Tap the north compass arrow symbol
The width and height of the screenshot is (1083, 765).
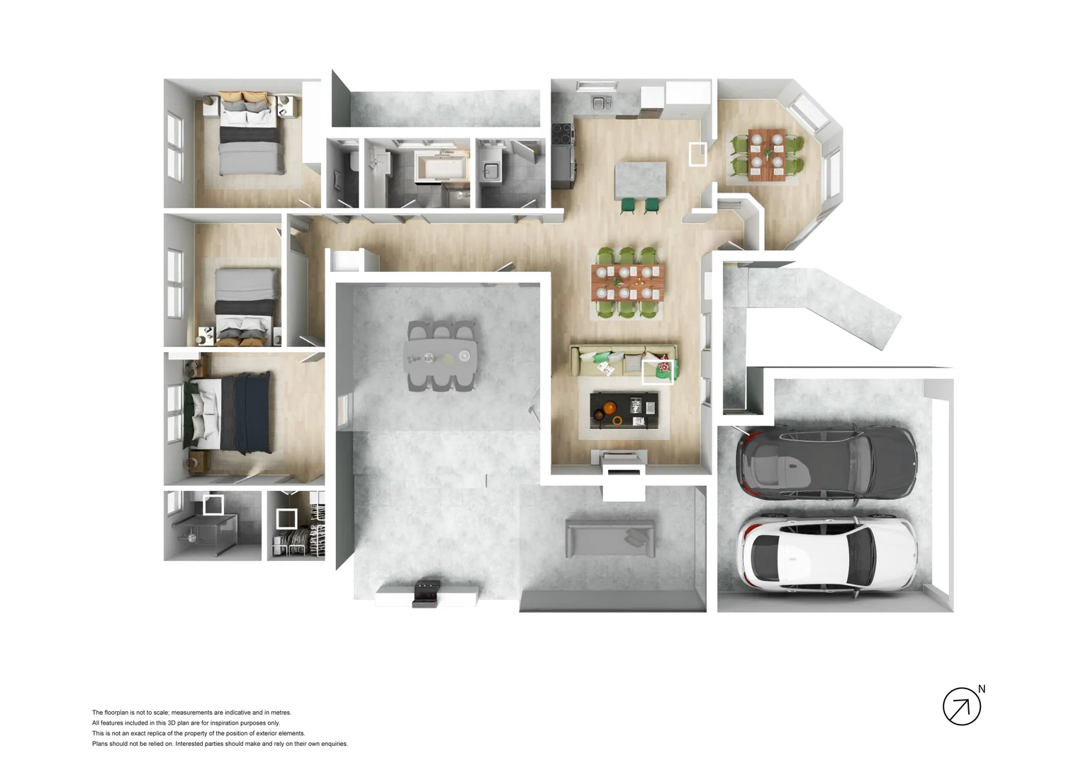click(961, 706)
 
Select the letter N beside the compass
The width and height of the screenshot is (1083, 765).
click(982, 688)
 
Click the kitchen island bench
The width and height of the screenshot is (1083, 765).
click(640, 180)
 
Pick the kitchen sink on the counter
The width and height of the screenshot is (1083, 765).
click(602, 103)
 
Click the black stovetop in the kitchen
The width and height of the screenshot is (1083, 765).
click(563, 133)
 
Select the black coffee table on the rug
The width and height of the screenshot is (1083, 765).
click(624, 410)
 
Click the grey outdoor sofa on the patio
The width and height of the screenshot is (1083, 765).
click(610, 537)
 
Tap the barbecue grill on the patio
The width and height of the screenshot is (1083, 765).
click(427, 593)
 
